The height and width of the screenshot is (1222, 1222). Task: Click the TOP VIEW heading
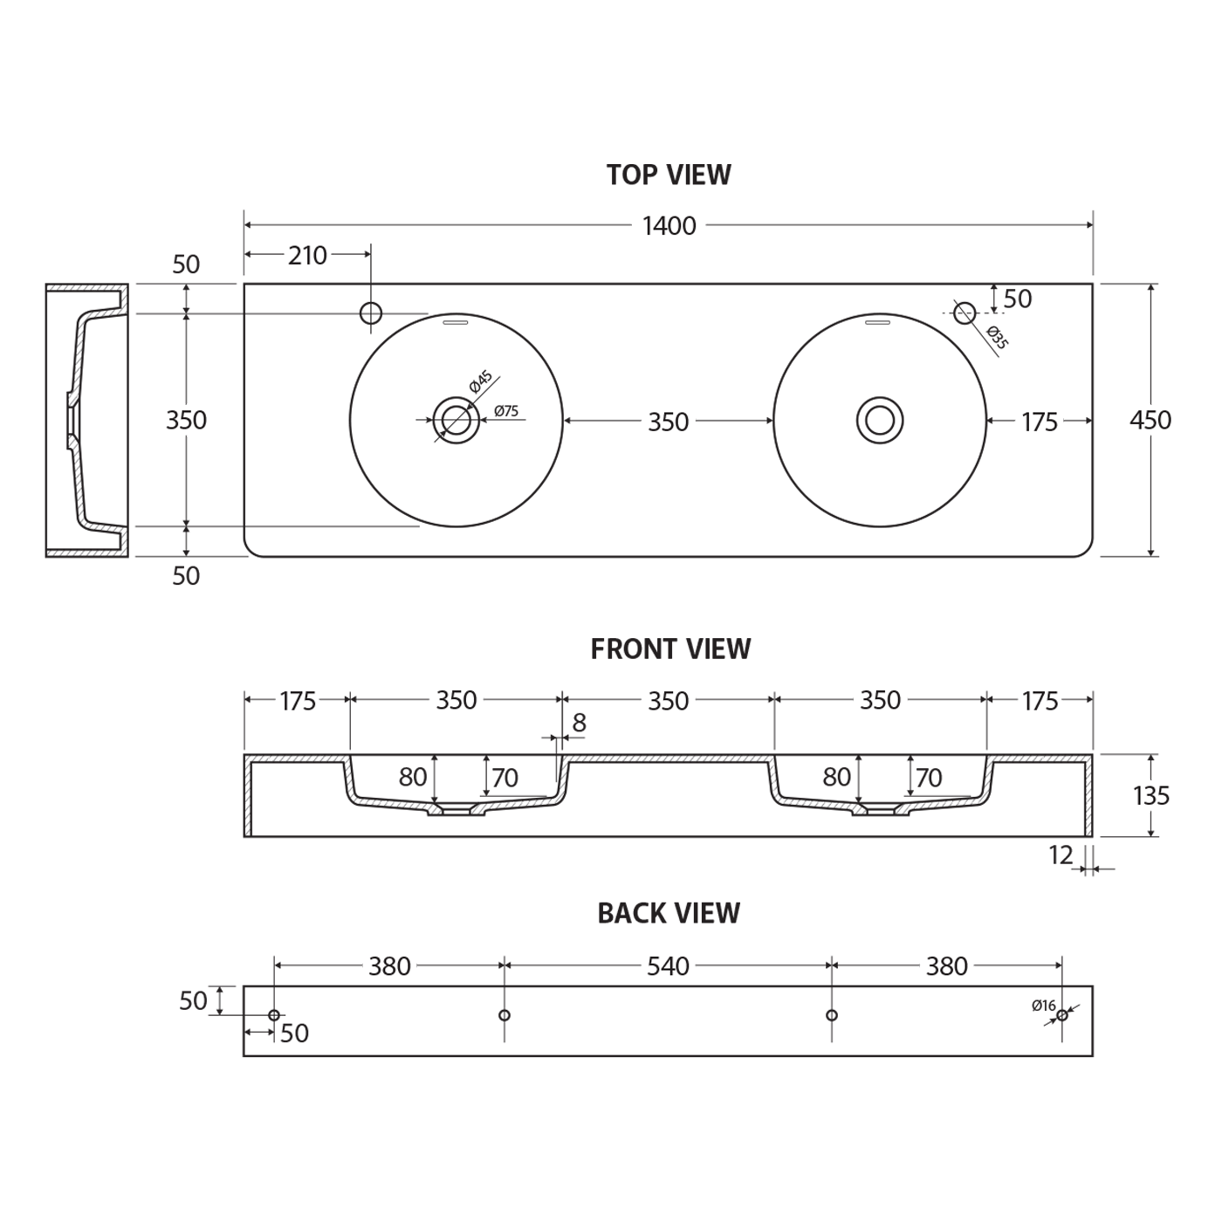pos(669,175)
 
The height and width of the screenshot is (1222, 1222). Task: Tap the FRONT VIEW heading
pos(670,649)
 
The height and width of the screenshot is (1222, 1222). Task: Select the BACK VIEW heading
pos(669,913)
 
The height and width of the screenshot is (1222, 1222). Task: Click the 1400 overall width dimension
pos(669,226)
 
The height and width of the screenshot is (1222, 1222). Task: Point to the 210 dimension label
pos(307,256)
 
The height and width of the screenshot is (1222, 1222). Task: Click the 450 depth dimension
pos(1150,420)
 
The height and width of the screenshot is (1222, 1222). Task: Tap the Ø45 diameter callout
pos(481,381)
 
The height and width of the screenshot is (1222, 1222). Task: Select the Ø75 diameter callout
pos(506,411)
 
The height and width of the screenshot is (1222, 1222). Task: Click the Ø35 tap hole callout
pos(998,338)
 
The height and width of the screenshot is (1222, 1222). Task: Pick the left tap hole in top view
pos(371,312)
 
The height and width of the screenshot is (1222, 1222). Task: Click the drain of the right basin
pos(880,420)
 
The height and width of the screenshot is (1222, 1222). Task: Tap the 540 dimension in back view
pos(668,966)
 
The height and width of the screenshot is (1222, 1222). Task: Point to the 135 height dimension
pos(1151,796)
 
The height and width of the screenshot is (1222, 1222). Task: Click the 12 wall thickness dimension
pos(1061,855)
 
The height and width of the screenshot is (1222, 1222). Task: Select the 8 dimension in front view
pos(579,723)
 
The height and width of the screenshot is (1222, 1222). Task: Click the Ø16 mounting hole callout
pos(1043,1006)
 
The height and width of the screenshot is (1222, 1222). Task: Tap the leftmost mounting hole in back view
pos(274,1015)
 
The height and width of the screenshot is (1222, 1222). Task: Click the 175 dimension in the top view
pos(1040,422)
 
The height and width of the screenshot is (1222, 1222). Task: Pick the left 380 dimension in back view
pos(390,966)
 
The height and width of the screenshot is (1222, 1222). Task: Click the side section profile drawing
pos(87,420)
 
